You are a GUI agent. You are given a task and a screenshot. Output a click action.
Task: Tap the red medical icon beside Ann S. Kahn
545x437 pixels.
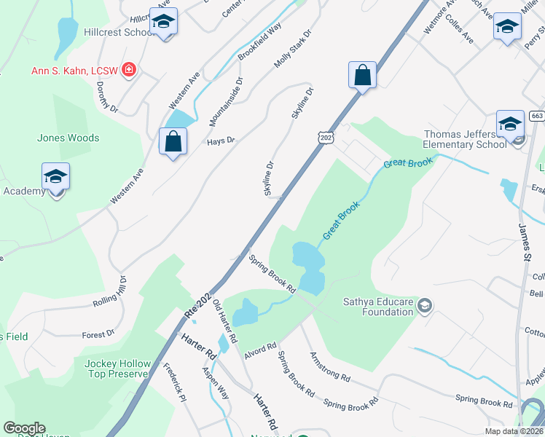coord(130,71)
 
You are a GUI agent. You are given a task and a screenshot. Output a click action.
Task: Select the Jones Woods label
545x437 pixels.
coord(68,138)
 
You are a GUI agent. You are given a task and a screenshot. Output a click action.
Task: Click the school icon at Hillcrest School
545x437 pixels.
coord(163,23)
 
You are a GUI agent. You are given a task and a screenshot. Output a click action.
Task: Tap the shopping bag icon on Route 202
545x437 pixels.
coord(362,75)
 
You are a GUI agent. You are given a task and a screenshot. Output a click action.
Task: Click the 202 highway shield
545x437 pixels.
coord(326,136)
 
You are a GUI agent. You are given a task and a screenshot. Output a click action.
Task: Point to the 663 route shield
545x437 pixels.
coord(537,116)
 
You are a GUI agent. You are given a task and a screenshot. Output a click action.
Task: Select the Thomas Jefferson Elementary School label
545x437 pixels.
coord(466,139)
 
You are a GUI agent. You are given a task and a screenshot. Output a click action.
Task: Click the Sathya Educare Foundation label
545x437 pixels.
coord(378,307)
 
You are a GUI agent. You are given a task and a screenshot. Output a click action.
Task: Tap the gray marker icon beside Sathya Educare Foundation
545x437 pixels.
coord(426,306)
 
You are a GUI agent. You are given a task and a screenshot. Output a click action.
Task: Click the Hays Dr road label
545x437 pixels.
coord(221,141)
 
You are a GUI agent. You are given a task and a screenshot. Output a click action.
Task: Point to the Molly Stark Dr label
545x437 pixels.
coord(293,50)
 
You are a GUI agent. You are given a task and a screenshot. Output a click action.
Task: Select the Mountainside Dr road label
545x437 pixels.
coord(236,98)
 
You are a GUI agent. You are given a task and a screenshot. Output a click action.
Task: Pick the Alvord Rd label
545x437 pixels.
coord(260,349)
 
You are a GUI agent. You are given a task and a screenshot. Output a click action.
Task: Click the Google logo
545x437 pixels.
coord(24,428)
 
